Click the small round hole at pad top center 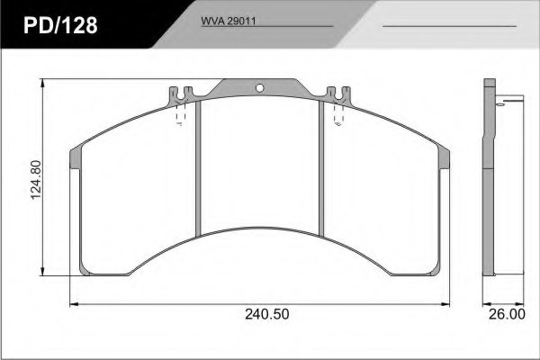pos(259,88)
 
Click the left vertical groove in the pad pos(198,167)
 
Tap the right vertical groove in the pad pos(320,167)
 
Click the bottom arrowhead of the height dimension pos(44,274)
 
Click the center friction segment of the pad pos(259,162)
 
